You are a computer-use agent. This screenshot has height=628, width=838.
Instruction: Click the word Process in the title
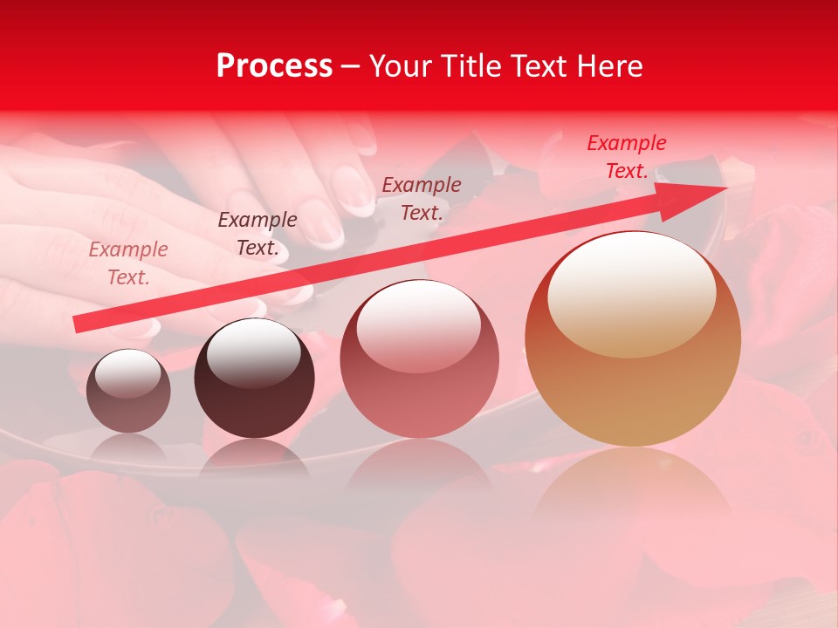[274, 66]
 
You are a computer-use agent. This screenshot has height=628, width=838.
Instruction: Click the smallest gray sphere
[128, 392]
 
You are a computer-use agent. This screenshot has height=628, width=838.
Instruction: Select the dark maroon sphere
[254, 379]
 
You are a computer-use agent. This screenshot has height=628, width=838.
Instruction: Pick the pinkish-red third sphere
[419, 359]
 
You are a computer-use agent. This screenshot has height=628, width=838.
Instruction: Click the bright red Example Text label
[626, 157]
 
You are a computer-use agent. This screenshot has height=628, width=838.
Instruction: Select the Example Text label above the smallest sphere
[127, 263]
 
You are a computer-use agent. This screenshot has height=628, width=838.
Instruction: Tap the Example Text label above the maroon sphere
[257, 234]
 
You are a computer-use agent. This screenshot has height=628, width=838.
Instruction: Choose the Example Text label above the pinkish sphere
[422, 198]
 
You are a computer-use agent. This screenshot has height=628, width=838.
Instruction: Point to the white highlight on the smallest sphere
[127, 373]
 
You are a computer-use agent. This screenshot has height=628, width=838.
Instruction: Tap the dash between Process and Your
[350, 66]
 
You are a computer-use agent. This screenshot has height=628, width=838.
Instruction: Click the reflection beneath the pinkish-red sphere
[419, 471]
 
